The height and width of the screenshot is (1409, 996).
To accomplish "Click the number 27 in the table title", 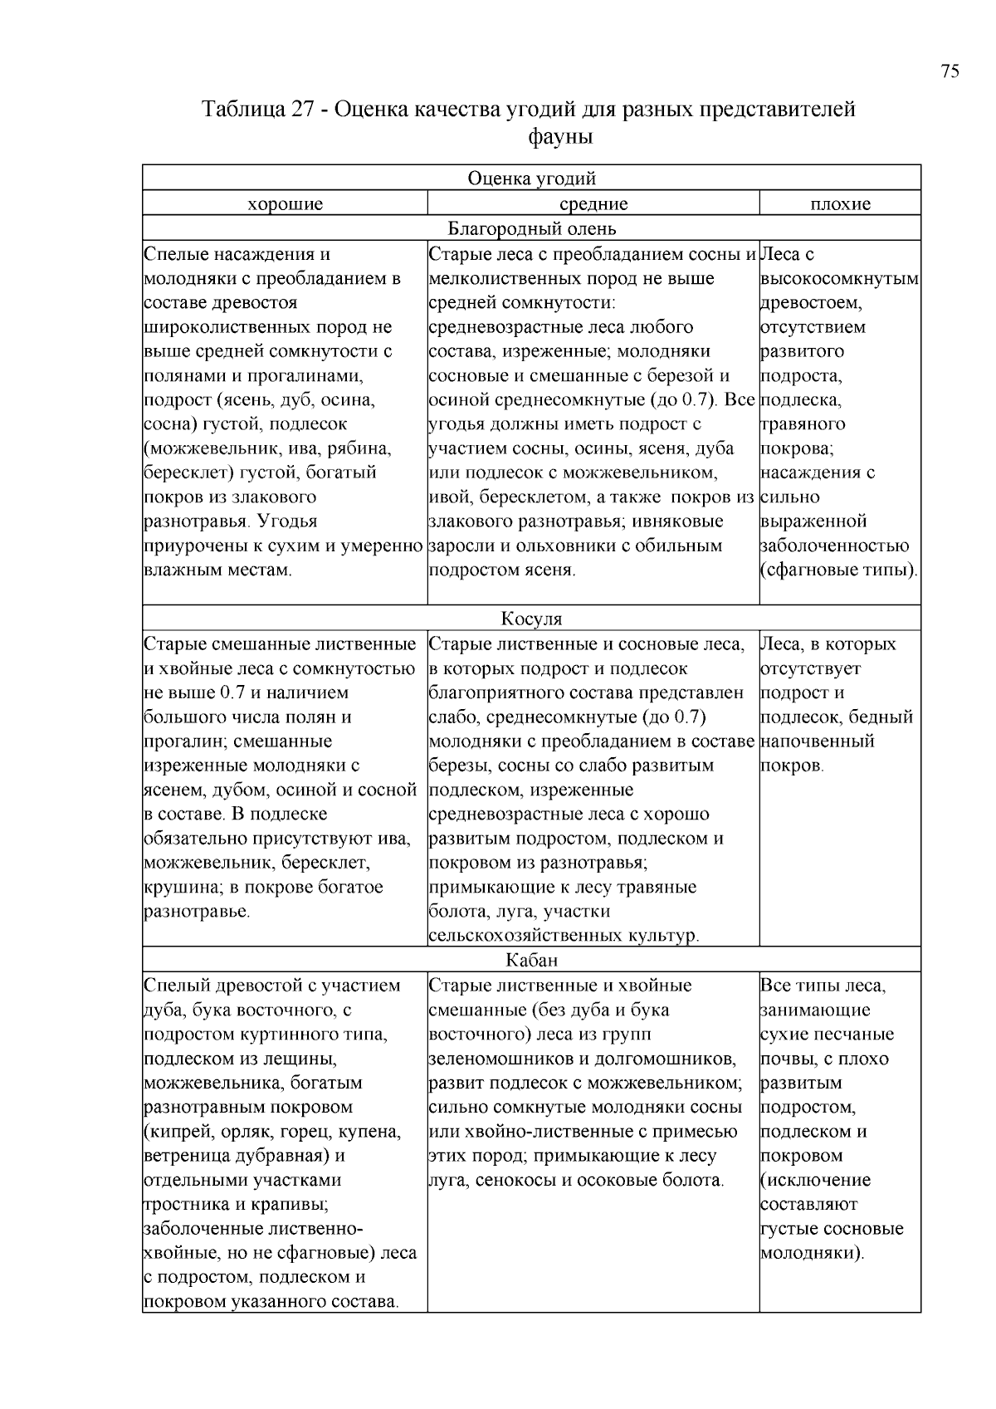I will click(x=302, y=110).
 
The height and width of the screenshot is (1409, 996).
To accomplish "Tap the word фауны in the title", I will click(x=560, y=136).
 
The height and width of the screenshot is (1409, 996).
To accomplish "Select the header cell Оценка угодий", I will click(x=531, y=179).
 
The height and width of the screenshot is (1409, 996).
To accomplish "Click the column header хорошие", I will click(x=285, y=204).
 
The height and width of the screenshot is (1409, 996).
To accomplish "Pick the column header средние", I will click(x=593, y=204).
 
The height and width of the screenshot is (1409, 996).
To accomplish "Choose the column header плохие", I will click(x=840, y=204).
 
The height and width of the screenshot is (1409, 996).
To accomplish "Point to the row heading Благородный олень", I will click(x=531, y=228).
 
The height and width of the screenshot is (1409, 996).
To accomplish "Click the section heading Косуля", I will click(x=531, y=619).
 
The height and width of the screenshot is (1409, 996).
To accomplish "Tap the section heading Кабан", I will click(x=531, y=961).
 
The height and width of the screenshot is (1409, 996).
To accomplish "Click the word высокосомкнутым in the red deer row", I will click(x=839, y=279).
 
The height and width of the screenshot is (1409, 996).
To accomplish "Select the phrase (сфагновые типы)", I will click(x=838, y=570).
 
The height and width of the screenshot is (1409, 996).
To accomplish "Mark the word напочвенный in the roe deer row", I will click(x=817, y=741).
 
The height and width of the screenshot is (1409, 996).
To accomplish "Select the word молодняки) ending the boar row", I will click(x=812, y=1253).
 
